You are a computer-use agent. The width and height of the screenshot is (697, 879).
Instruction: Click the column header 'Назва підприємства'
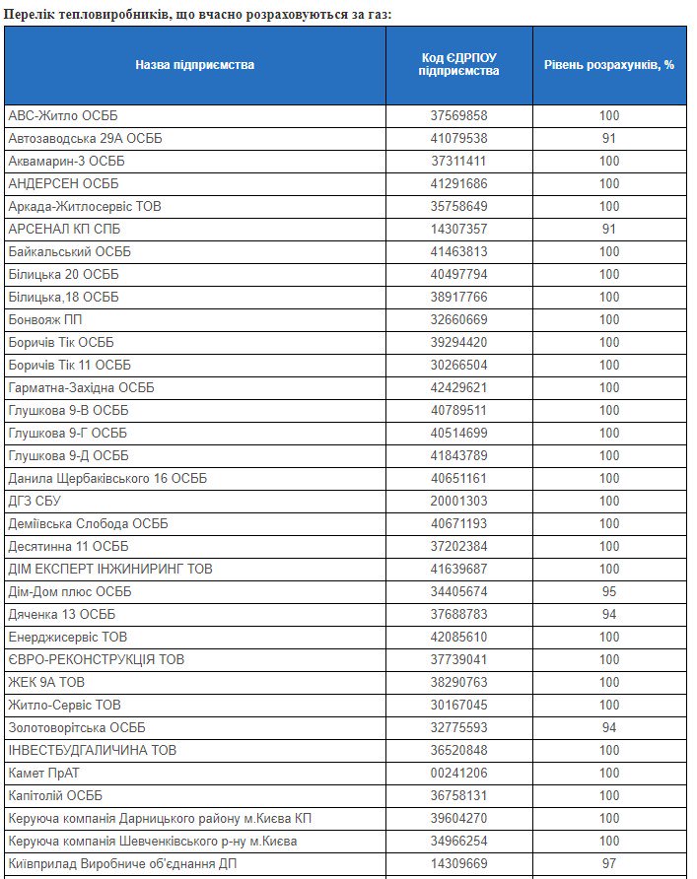coord(194,65)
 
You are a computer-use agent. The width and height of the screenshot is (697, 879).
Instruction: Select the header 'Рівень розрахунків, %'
coord(608,65)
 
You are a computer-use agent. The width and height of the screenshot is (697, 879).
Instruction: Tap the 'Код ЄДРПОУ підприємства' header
coord(458,65)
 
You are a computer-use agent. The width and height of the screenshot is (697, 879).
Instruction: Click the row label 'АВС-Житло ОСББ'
coord(63,115)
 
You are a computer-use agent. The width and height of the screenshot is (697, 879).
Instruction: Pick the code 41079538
coord(458,138)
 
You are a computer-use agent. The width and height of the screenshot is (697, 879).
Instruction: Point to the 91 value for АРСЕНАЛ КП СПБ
coord(608,229)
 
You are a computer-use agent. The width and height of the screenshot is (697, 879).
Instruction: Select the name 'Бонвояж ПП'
coord(45,319)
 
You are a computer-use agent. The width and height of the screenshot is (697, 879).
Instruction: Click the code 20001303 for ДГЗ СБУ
coord(458,501)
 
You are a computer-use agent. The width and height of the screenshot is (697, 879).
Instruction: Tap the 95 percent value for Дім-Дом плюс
coord(608,591)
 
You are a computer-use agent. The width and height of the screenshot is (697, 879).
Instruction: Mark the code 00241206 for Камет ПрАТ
coord(458,773)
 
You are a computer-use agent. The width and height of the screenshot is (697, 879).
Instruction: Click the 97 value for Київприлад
coord(608,863)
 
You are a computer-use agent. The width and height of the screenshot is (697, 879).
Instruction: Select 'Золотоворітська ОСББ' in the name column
coord(77,727)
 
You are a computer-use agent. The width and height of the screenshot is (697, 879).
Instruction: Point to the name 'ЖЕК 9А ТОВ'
coord(47,682)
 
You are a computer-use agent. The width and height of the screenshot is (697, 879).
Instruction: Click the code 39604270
coord(458,818)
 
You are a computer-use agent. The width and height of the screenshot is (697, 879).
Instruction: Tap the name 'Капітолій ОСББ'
coord(55,795)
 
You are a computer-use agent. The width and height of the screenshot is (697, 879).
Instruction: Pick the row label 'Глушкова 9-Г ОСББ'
coord(68,433)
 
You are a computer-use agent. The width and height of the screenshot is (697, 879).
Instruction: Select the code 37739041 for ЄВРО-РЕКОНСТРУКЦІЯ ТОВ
coord(458,659)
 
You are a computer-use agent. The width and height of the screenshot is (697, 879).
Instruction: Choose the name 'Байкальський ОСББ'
coord(69,251)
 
